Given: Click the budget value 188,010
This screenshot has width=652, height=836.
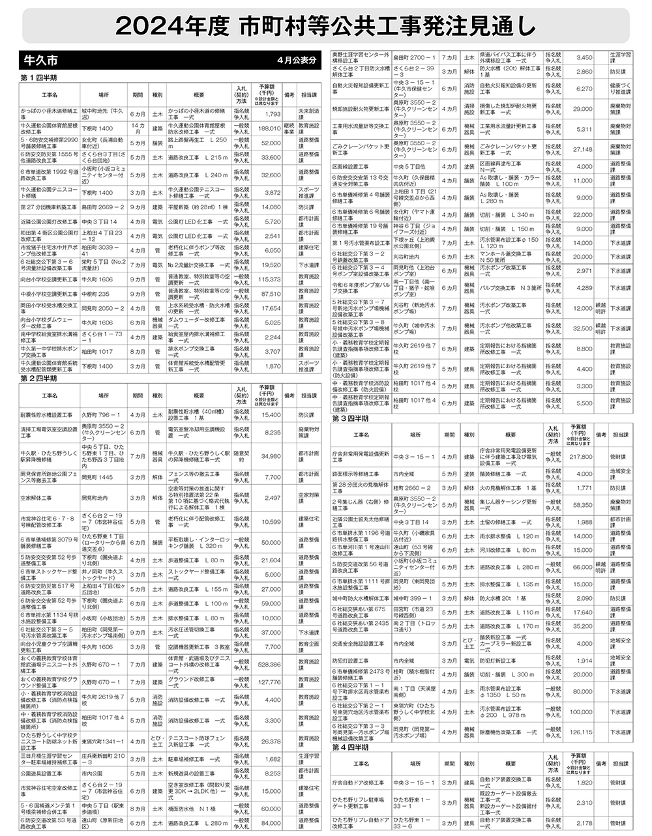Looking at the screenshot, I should tap(269, 129).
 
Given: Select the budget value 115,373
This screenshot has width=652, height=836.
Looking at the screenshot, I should tap(269, 279).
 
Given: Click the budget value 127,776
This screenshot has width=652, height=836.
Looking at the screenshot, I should tap(269, 682).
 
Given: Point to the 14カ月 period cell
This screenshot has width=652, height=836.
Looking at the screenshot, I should tap(138, 129).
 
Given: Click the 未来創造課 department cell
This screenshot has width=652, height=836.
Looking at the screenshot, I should tap(309, 114).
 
